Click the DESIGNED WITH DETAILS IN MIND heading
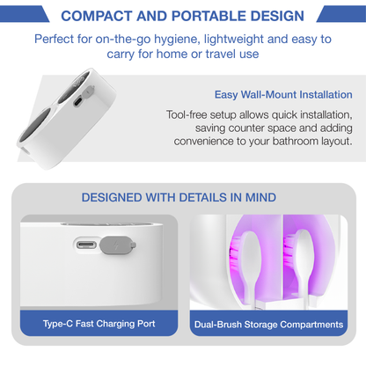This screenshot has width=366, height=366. click(179, 197)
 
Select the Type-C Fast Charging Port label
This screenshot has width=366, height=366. click(99, 325)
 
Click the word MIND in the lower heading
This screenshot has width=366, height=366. click(260, 197)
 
